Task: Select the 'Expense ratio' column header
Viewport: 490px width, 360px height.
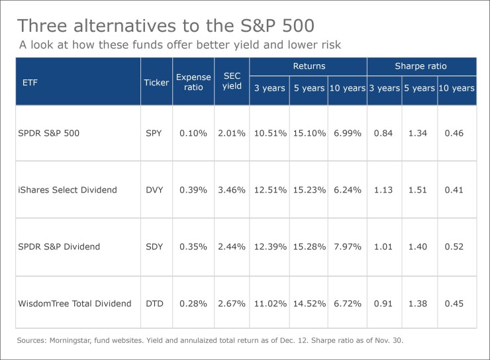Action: (x=193, y=82)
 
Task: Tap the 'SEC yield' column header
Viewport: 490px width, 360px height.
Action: (x=231, y=82)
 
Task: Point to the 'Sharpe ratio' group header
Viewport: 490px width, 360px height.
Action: (x=421, y=66)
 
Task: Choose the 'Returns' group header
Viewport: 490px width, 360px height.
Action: (x=308, y=66)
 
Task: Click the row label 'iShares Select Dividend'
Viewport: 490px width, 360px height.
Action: (x=68, y=190)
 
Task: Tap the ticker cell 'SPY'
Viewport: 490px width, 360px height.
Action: (x=154, y=133)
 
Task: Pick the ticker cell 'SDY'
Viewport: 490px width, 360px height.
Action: (x=154, y=247)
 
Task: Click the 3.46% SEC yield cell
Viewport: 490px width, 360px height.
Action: (x=231, y=190)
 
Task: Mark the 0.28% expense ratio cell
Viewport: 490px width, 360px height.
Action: (x=193, y=304)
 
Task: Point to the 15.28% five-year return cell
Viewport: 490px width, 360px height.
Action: (x=309, y=247)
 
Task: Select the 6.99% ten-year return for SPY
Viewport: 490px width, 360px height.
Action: (x=347, y=133)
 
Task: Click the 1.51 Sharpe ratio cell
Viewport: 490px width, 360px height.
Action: (x=419, y=190)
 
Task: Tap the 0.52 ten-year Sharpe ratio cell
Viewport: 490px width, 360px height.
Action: (x=457, y=247)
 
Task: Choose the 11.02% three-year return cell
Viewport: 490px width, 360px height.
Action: (x=269, y=304)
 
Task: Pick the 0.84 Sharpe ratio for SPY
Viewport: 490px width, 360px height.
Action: (x=383, y=133)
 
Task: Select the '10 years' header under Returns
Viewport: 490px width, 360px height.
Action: (x=347, y=88)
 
